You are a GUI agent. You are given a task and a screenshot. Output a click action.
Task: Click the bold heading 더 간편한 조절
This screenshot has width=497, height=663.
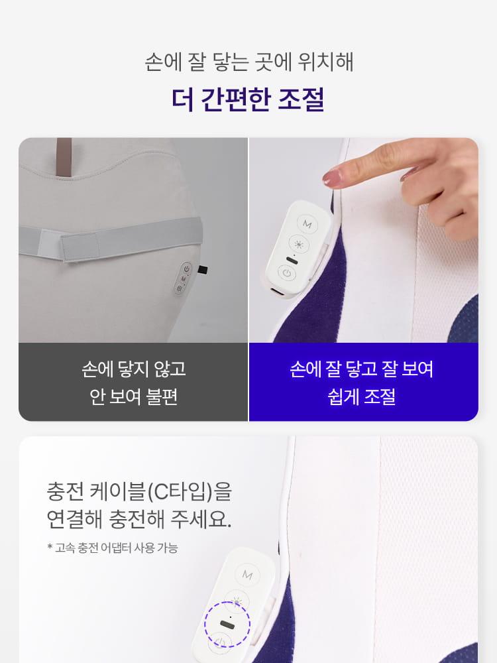coord(248,99)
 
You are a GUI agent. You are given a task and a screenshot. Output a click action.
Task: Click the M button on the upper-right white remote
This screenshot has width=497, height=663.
coord(307,223)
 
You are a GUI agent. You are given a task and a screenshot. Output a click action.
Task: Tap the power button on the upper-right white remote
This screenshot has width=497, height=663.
coord(287,273)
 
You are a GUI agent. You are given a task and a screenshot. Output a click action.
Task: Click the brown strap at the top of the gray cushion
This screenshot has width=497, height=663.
coord(64,156)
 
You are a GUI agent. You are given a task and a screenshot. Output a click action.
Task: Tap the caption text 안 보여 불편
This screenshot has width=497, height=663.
coord(133,397)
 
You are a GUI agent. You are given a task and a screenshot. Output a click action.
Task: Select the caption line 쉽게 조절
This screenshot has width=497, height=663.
coord(362,397)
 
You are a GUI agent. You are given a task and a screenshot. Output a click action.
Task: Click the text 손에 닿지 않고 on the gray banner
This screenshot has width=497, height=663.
coord(134,369)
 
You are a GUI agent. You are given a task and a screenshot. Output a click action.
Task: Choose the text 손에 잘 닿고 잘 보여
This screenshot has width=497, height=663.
coord(362,369)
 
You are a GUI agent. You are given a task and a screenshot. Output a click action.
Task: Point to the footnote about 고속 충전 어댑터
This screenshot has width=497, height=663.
coord(113,548)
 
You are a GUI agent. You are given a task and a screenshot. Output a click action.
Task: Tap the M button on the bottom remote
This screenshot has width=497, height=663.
coord(247,575)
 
